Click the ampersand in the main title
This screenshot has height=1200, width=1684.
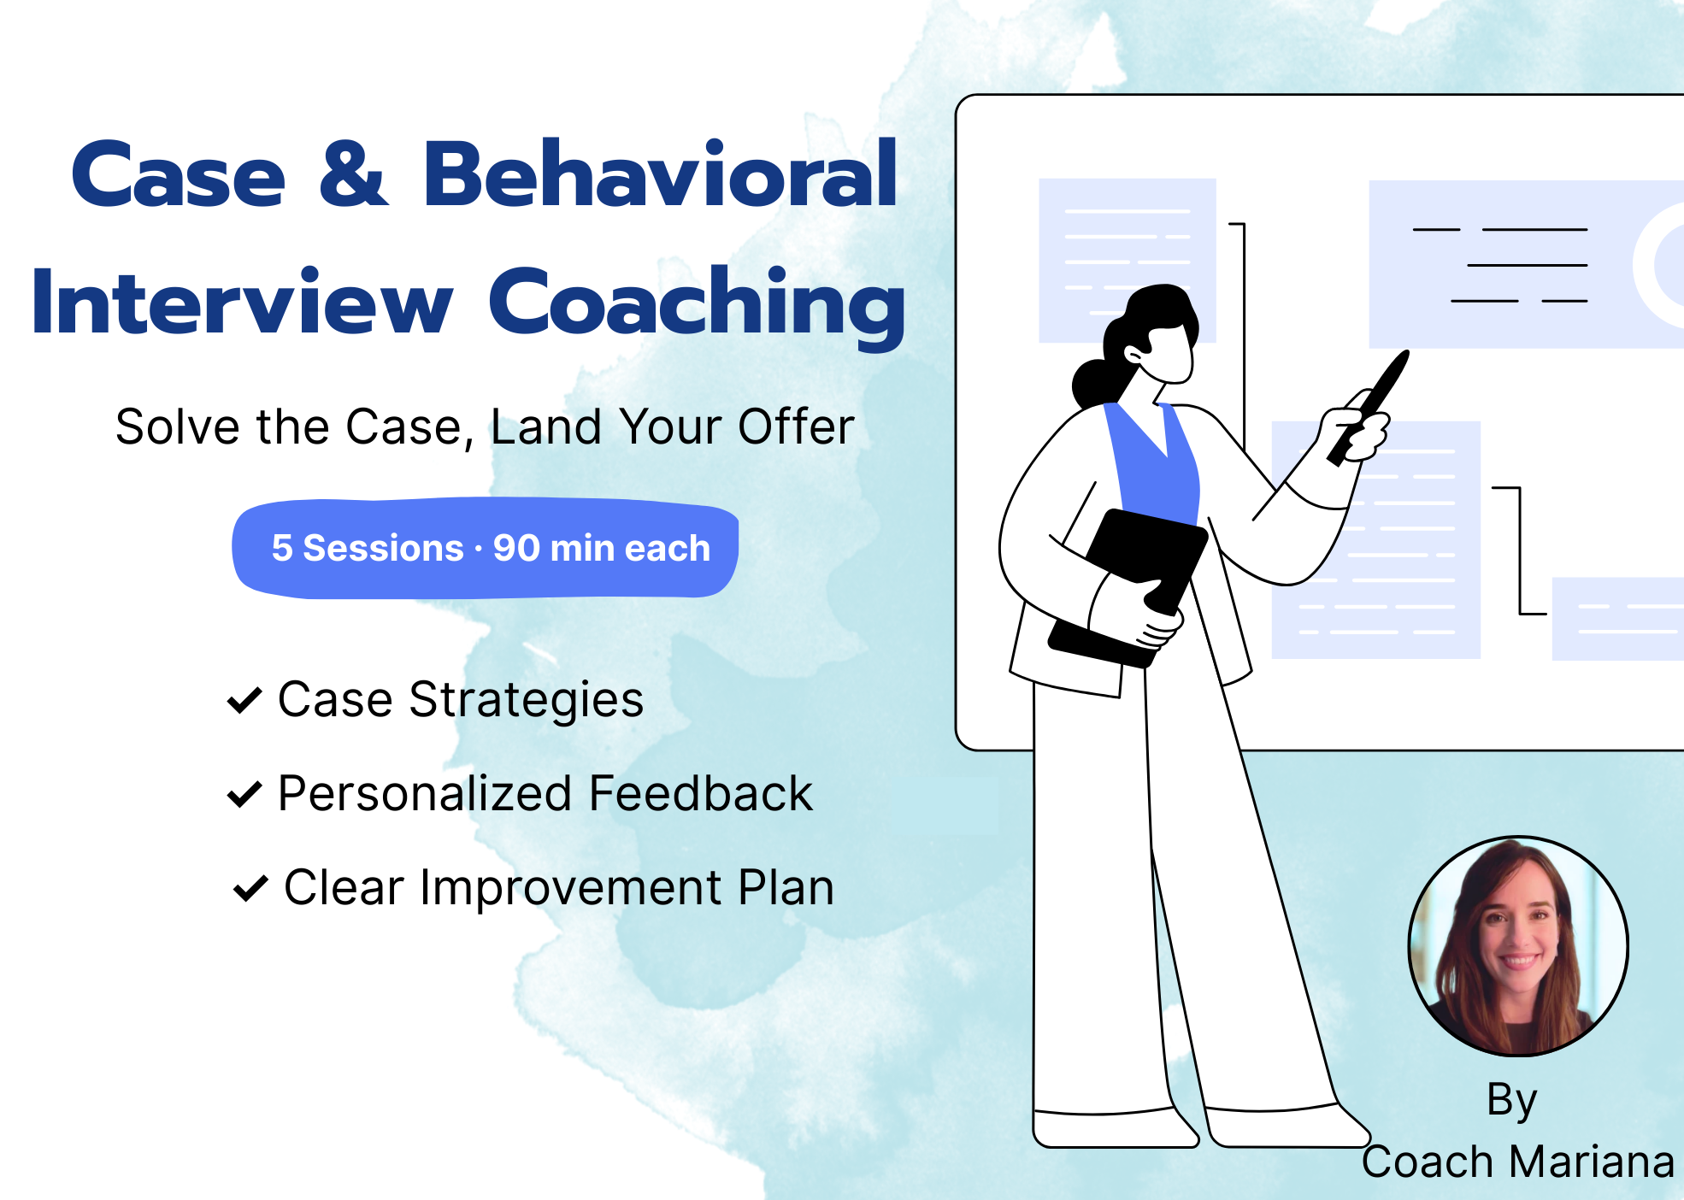353,174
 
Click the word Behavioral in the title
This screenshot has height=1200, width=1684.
660,174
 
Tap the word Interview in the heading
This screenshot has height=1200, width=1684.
241,301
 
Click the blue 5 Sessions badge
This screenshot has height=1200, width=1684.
486,548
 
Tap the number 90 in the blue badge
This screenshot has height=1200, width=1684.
515,548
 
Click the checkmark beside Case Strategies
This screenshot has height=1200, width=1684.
244,700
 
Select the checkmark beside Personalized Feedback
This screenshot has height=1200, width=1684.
244,794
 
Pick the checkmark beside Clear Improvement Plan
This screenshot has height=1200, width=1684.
251,888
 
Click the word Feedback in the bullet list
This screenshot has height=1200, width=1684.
701,793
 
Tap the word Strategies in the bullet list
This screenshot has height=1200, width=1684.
527,701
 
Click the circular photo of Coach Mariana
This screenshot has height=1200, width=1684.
1518,946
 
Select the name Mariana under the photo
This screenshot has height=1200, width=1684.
1592,1162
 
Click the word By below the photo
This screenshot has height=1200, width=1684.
1512,1101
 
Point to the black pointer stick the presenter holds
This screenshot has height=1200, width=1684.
1368,409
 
